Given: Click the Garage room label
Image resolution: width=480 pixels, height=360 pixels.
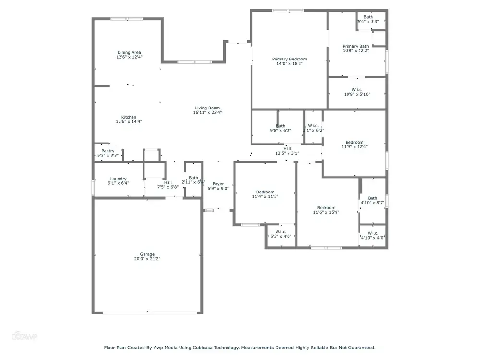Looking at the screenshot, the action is (x=147, y=254).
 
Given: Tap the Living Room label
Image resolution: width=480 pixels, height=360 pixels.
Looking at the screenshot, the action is (x=207, y=108).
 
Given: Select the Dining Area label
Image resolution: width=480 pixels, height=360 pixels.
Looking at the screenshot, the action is (x=129, y=52).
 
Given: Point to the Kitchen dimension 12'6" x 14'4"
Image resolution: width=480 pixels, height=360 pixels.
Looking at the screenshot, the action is (x=129, y=121).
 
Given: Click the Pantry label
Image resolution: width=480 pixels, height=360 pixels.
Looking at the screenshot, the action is (x=108, y=151).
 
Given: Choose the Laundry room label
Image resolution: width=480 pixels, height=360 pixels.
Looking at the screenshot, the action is (x=119, y=179).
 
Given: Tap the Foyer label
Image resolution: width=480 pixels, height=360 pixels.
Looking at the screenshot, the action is (x=218, y=184).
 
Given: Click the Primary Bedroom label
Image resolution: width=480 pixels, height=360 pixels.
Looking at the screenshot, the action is (x=289, y=59).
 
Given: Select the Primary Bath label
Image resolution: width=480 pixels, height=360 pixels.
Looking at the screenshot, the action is (x=356, y=46).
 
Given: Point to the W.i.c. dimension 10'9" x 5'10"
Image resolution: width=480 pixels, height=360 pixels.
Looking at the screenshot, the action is (x=357, y=94).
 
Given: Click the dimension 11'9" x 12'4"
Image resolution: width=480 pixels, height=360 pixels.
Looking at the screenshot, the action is (x=355, y=146).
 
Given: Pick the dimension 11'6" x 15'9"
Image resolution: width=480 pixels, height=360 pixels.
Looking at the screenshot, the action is (x=326, y=212).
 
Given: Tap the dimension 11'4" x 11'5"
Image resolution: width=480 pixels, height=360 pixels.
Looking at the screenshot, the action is (x=265, y=196).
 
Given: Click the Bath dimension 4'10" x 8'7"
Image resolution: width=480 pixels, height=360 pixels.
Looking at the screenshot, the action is (x=372, y=203).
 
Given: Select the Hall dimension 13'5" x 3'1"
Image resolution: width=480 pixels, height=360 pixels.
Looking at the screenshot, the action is (x=287, y=153).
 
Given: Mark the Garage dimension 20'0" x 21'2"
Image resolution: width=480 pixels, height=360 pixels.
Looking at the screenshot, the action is (x=147, y=259).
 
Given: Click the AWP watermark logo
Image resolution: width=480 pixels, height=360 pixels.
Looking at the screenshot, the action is (x=24, y=336).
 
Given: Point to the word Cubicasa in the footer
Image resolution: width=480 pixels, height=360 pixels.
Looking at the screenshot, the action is (x=203, y=348).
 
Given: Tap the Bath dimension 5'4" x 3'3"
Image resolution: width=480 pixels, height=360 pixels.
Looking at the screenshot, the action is (x=368, y=22).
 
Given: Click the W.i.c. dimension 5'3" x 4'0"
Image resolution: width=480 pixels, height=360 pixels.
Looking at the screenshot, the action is (x=281, y=236).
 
